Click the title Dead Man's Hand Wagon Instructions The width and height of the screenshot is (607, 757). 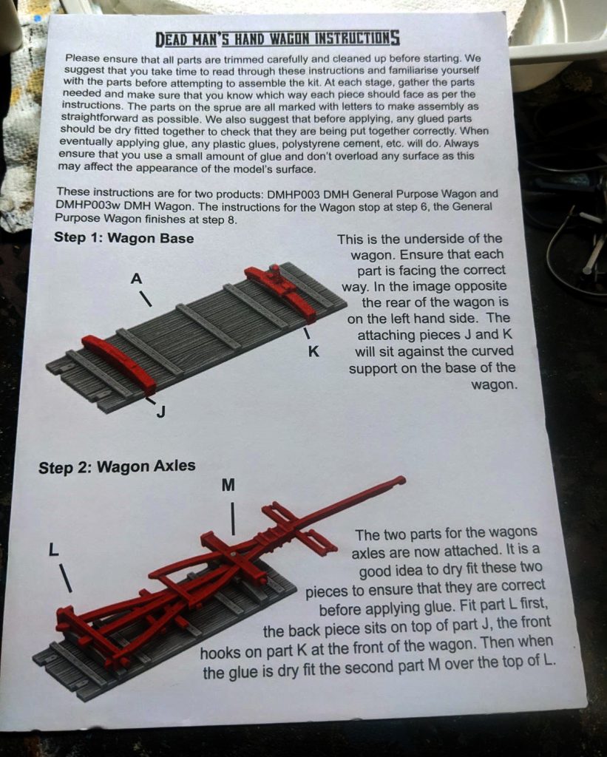277,38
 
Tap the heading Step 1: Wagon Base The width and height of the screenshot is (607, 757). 123,238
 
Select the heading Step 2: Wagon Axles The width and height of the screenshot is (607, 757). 117,467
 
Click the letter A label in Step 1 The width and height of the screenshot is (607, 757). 137,279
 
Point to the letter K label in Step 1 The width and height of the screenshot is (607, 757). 313,352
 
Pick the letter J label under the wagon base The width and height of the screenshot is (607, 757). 161,412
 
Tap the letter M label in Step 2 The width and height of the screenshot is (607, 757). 228,485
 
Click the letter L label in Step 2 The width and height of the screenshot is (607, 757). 53,549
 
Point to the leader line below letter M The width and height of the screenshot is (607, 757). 233,518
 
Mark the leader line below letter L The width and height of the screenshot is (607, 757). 66,578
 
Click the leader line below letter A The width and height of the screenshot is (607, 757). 146,298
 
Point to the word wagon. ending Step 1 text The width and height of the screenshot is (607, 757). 494,385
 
